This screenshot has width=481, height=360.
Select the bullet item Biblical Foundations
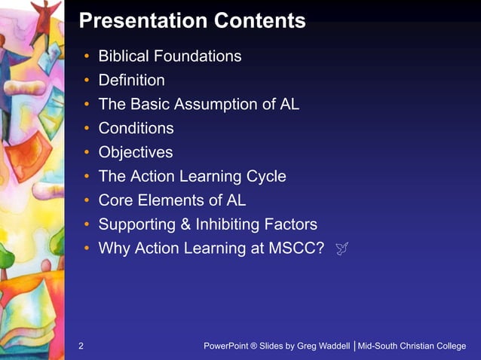click(x=170, y=56)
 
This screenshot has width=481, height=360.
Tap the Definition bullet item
click(x=131, y=80)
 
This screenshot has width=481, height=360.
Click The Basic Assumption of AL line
click(x=199, y=104)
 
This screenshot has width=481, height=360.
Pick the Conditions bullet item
click(x=136, y=128)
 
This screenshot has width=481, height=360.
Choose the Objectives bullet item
click(x=136, y=152)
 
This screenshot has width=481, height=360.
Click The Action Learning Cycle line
click(x=192, y=176)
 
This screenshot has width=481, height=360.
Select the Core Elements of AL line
click(x=172, y=200)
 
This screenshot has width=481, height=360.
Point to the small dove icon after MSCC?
click(x=340, y=249)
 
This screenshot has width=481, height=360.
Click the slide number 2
click(x=81, y=346)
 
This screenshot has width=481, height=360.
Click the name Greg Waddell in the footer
click(x=324, y=346)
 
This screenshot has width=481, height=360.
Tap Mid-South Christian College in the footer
click(x=412, y=346)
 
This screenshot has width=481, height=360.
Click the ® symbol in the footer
click(x=254, y=346)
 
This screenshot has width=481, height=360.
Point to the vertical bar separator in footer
click(x=354, y=346)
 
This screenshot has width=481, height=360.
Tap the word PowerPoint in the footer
click(x=226, y=346)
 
